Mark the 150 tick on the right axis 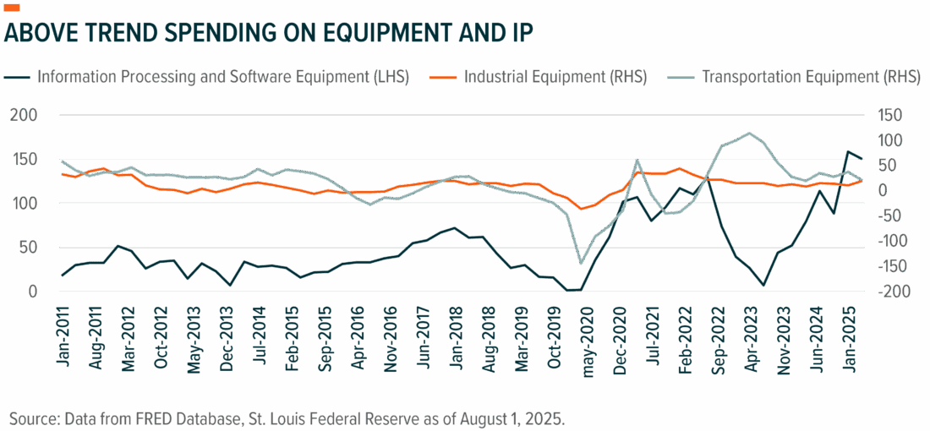point(889,115)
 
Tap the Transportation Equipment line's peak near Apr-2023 point(748,133)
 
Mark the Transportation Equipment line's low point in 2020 point(580,263)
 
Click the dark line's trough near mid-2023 point(763,286)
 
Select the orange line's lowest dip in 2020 point(580,209)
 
